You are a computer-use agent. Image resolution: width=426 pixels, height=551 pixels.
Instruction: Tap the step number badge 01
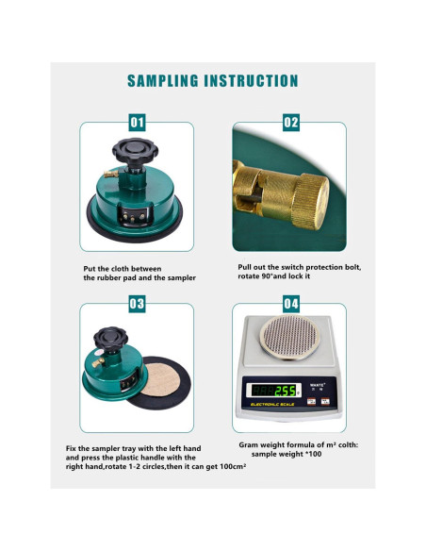138,123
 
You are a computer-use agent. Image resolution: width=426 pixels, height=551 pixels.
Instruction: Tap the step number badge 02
290,123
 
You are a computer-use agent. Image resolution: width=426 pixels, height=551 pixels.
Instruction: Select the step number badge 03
138,304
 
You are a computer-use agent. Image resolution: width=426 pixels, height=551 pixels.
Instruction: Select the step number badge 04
290,304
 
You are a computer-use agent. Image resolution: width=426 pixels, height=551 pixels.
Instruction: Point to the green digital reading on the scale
283,390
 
